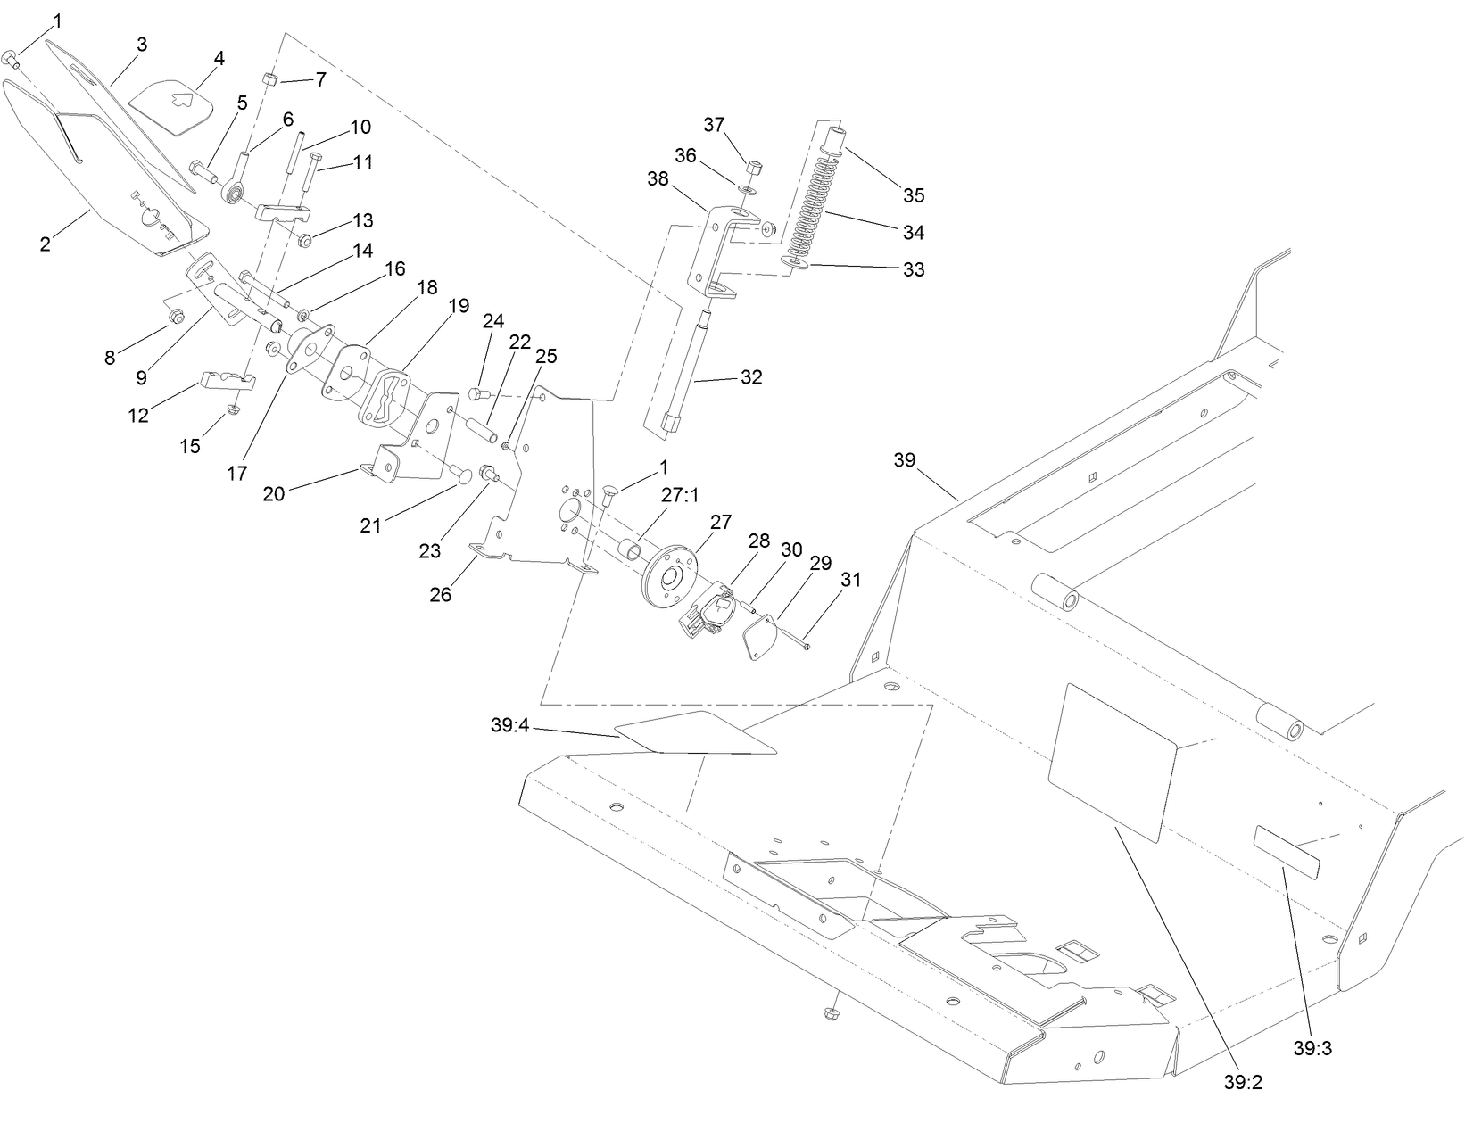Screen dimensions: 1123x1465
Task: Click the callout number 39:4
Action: pyautogui.click(x=509, y=725)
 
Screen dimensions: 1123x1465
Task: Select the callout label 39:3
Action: pyautogui.click(x=1312, y=1048)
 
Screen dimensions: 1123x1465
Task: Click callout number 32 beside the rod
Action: pyautogui.click(x=751, y=377)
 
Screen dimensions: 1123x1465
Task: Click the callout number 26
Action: pyautogui.click(x=441, y=594)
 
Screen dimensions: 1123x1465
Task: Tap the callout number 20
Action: pyautogui.click(x=274, y=493)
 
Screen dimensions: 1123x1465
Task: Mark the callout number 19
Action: pyautogui.click(x=459, y=306)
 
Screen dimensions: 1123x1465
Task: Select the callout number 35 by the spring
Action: pyautogui.click(x=914, y=194)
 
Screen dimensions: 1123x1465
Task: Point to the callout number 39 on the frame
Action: pyautogui.click(x=904, y=460)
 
